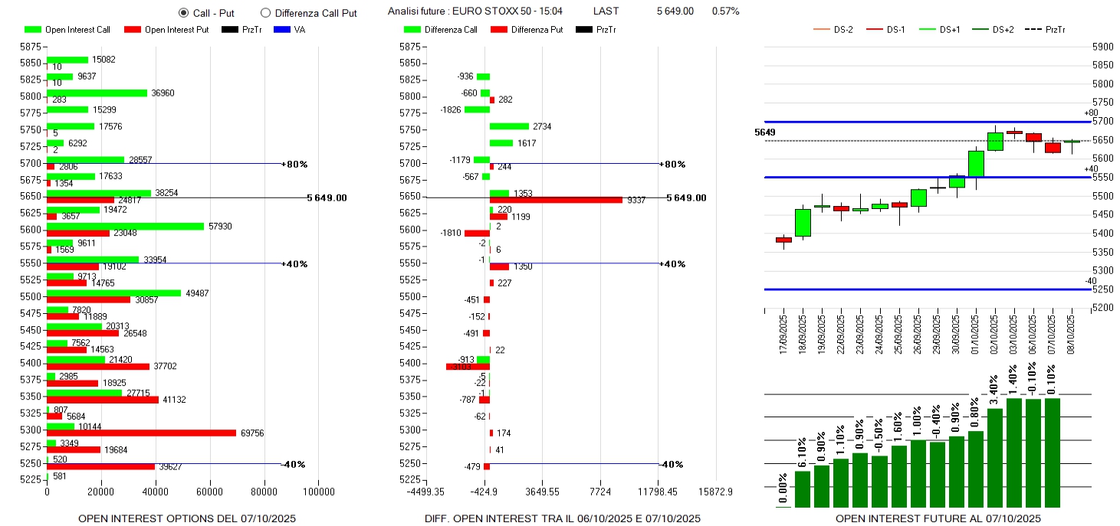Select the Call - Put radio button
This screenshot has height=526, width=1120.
[183, 12]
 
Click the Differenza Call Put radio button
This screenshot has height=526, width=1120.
[265, 12]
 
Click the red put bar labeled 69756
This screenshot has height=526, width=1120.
[141, 433]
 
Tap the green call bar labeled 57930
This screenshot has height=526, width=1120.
[125, 226]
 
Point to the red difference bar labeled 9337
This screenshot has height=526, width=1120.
[556, 200]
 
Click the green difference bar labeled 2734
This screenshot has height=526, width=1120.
[509, 126]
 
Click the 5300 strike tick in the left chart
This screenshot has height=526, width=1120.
[31, 430]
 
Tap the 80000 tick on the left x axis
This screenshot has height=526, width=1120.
[264, 492]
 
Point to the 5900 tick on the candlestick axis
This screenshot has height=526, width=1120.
[1102, 47]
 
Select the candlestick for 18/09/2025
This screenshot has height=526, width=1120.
[803, 223]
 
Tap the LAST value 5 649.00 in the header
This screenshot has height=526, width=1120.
[675, 11]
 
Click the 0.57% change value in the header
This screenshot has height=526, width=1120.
[725, 11]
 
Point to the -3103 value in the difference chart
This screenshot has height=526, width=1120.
[460, 367]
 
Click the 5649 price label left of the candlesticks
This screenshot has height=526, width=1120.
[764, 132]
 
